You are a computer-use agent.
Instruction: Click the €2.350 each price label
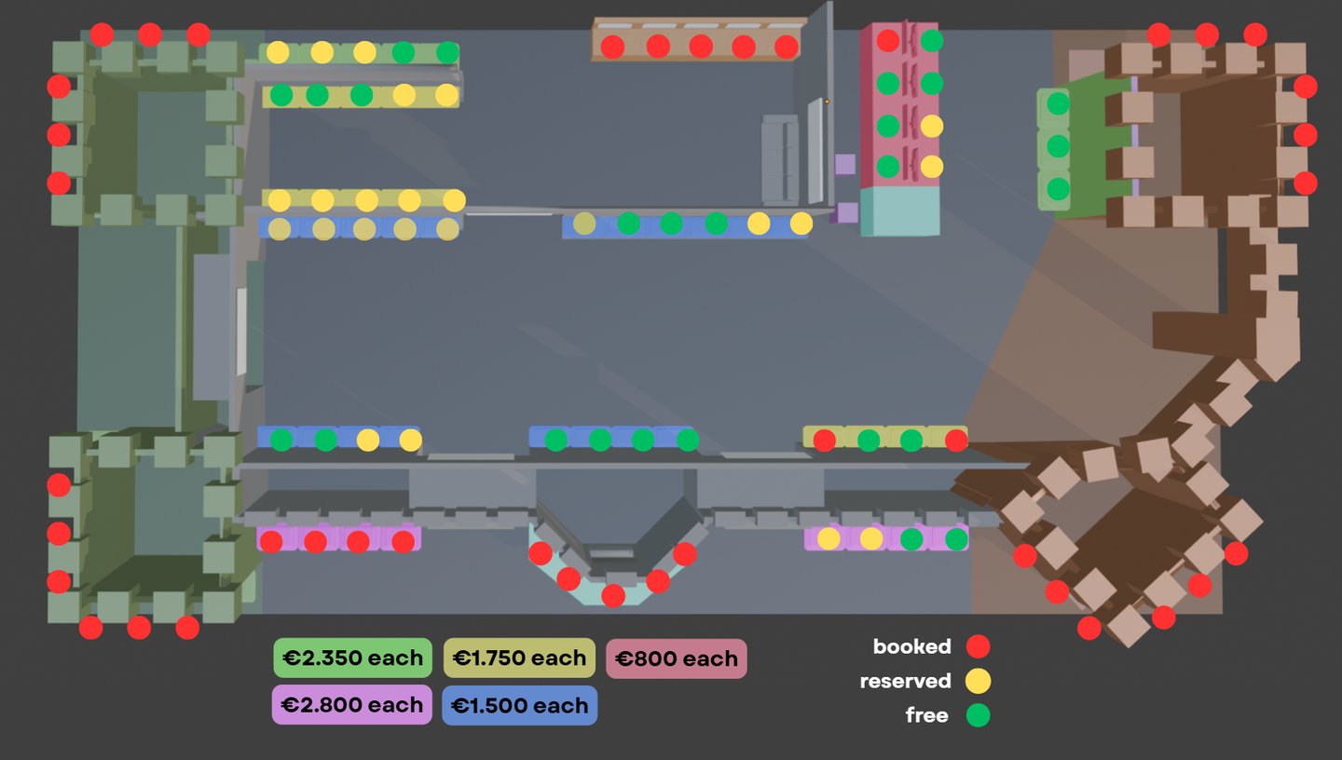(352, 658)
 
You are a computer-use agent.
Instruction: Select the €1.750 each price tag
(519, 658)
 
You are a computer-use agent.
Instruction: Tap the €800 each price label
(677, 658)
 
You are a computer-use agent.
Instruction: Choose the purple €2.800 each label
(352, 705)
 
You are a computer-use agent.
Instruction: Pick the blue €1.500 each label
(519, 705)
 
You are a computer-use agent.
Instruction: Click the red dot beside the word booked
(978, 646)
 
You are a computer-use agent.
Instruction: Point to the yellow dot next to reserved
(978, 681)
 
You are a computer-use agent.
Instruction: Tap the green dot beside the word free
(978, 715)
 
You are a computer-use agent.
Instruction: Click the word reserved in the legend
(905, 681)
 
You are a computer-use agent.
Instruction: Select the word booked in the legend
(911, 646)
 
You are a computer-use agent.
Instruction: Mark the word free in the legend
(926, 715)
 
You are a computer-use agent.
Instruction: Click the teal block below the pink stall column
(899, 211)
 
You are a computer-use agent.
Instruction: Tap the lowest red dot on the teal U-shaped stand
(613, 595)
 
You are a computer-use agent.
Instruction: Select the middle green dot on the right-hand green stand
(1058, 146)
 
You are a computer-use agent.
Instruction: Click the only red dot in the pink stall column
(888, 41)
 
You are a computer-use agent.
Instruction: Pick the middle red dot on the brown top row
(701, 47)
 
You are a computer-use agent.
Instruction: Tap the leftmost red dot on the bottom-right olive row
(824, 441)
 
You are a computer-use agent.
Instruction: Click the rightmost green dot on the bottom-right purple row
(956, 539)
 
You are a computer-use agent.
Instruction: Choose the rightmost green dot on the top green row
(447, 52)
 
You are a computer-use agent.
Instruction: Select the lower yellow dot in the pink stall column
(932, 167)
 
